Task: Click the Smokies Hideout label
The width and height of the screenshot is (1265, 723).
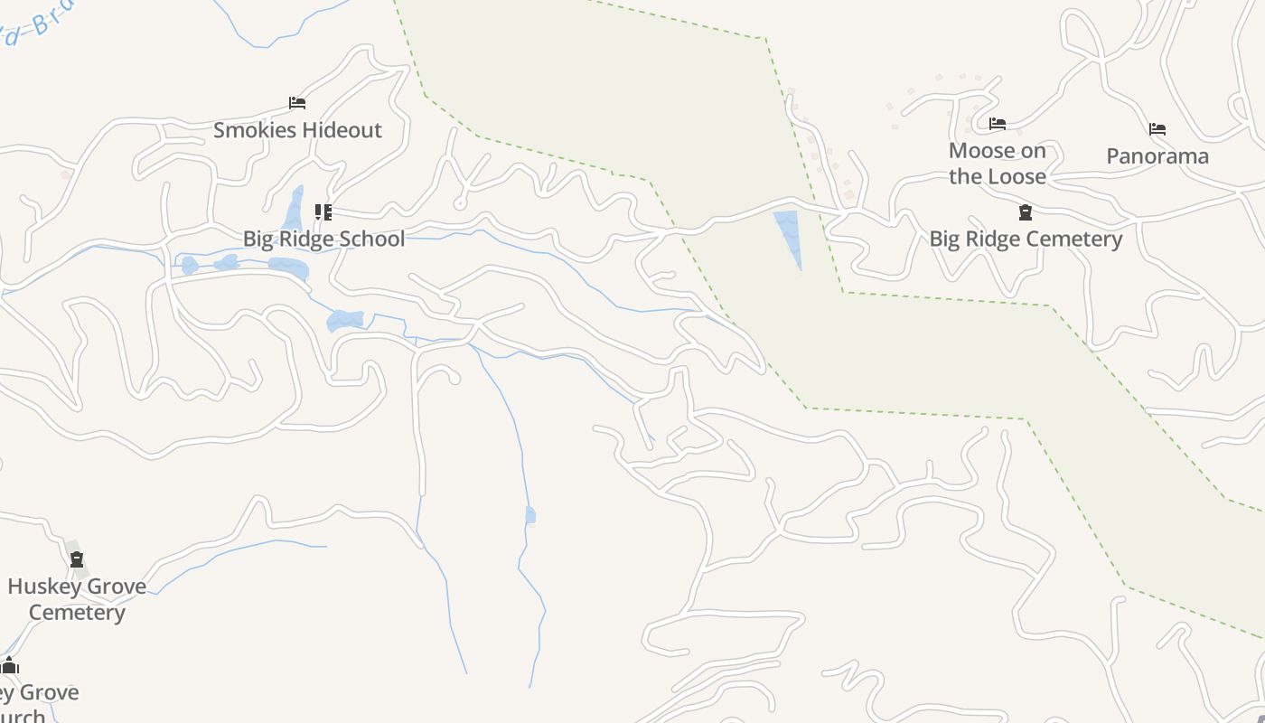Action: click(297, 130)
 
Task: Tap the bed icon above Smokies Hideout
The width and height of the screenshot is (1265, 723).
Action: click(296, 103)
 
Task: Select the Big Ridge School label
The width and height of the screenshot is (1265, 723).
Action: click(323, 239)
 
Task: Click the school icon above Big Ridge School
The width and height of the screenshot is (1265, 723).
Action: click(323, 212)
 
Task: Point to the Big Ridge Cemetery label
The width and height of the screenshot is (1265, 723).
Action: click(1026, 239)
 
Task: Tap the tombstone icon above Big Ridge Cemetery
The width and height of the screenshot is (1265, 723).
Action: click(1026, 212)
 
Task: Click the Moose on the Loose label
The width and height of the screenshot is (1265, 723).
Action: click(998, 164)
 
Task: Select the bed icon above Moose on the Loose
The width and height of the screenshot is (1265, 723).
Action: click(998, 124)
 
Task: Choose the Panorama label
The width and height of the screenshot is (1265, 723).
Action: click(1157, 156)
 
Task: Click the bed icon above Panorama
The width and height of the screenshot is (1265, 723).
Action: click(1157, 129)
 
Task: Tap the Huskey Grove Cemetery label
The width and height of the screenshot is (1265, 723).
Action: click(77, 599)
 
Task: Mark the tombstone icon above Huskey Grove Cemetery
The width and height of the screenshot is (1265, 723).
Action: click(77, 559)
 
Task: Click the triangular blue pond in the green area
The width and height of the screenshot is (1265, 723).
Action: click(789, 233)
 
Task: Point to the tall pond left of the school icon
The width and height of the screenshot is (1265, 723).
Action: click(294, 210)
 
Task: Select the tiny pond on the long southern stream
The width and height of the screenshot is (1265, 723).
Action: click(530, 515)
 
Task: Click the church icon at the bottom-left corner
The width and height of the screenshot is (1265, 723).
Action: click(10, 667)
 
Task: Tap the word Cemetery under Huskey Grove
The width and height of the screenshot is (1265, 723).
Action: click(77, 613)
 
